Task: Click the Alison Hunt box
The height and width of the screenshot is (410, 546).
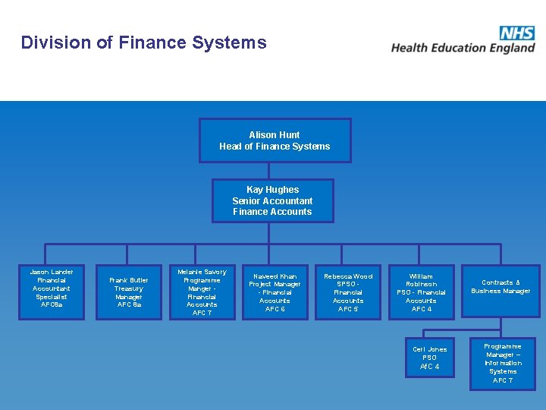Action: [x=275, y=140]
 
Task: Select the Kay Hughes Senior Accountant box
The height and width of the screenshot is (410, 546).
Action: [x=272, y=200]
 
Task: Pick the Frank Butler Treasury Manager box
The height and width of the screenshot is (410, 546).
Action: [x=129, y=292]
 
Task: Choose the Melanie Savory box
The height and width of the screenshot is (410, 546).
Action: [x=202, y=292]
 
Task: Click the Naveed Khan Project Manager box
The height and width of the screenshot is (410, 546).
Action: [x=275, y=292]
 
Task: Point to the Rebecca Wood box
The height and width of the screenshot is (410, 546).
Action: [x=348, y=292]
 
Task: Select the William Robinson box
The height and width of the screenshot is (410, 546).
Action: [x=421, y=292]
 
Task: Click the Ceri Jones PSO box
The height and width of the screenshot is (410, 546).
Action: [x=429, y=358]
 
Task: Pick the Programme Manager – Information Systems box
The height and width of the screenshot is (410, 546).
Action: [x=502, y=364]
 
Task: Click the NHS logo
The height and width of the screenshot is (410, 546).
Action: [x=516, y=33]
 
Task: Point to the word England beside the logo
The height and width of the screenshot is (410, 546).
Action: [x=511, y=48]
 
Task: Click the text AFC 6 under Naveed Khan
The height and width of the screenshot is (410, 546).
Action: [x=275, y=309]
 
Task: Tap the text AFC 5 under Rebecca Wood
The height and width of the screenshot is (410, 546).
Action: [x=348, y=309]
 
